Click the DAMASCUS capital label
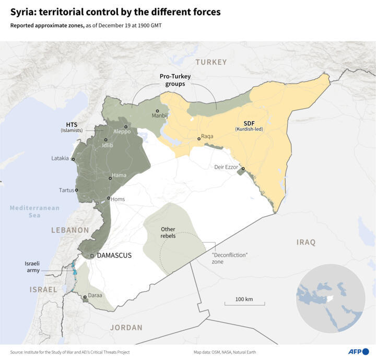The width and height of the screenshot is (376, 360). click(114, 256)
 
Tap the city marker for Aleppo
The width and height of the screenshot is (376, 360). click(126, 127)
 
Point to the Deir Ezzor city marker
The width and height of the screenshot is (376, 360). click(243, 168)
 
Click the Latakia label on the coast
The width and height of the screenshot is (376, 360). click(60, 158)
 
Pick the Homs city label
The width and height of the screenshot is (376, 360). click(119, 199)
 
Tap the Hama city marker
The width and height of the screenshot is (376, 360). click(110, 178)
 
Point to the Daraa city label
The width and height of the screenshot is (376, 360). click(95, 295)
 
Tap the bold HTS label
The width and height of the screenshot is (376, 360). click(72, 124)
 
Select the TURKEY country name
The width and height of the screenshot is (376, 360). click(211, 62)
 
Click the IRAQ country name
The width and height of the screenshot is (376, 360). click(307, 242)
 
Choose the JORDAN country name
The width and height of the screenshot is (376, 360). click(126, 328)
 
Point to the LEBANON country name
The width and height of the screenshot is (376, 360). click(70, 230)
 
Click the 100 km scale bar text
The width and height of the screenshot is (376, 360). click(244, 299)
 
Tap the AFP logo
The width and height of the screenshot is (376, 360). click(358, 351)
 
